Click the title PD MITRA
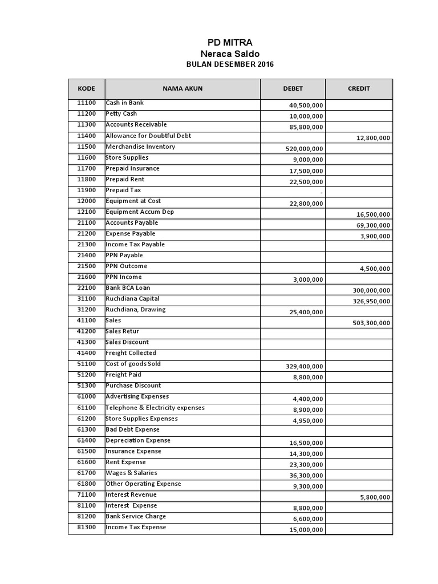point(229,42)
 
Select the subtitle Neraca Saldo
point(229,53)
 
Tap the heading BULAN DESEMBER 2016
point(230,64)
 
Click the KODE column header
point(86,88)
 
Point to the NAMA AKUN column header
point(182,88)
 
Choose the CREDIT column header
point(359,88)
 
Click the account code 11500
point(86,147)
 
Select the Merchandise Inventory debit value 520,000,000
point(305,149)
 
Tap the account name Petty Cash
point(121,113)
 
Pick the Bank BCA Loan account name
point(128,288)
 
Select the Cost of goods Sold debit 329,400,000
point(305,366)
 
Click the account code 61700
point(86,473)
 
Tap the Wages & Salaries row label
point(131,473)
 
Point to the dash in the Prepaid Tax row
point(322,193)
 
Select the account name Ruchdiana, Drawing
point(135,310)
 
